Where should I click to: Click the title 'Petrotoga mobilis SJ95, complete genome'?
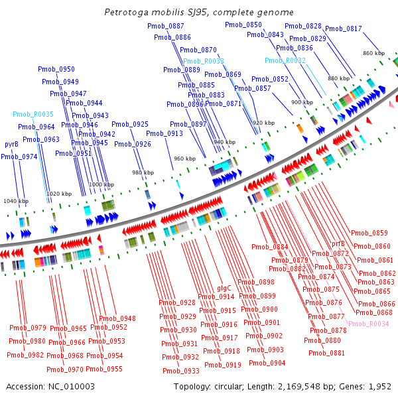[199, 13]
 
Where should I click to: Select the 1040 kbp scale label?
[16, 201]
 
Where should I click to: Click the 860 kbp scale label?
[373, 53]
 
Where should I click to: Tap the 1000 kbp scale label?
[101, 185]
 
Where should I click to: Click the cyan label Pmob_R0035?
[33, 114]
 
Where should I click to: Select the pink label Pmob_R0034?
[368, 323]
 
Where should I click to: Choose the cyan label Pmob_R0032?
[285, 60]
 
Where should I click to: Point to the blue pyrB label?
[11, 144]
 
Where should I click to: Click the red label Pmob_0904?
[267, 363]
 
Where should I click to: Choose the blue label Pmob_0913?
[165, 134]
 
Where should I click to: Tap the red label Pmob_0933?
[182, 371]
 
